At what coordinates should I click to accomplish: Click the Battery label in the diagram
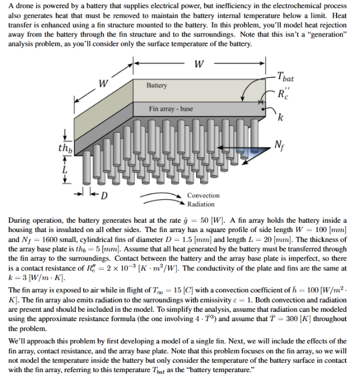[157, 86]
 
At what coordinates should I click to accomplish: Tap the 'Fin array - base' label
[170, 109]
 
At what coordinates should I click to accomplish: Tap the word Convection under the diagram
[203, 195]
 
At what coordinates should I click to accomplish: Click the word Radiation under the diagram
[201, 204]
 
